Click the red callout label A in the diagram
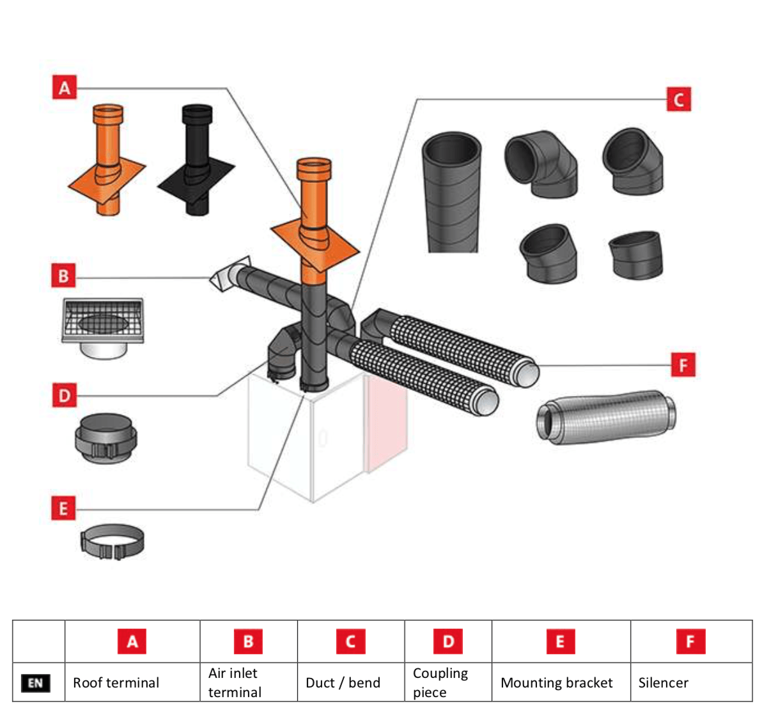pos(65,87)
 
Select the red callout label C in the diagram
pos(678,99)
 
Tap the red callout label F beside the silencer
pos(683,365)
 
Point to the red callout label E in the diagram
pos(63,508)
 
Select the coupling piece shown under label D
pos(105,437)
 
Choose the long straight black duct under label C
pos(451,192)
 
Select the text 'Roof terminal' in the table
pos(116,682)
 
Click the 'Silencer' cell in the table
pos(663,682)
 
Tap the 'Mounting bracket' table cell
pos(556,682)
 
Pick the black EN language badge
pos(35,682)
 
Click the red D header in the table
pos(448,641)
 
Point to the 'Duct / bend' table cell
pos(343,682)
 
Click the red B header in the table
pos(248,641)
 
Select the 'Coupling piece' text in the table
pos(440,682)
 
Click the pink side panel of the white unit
pos(385,422)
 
